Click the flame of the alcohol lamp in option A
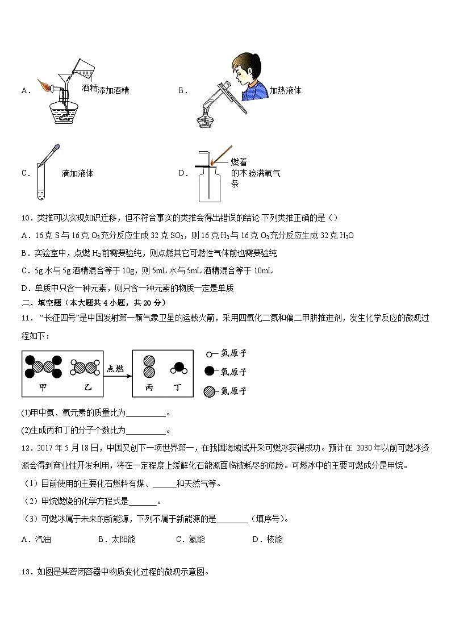(43, 85)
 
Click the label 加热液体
(285, 90)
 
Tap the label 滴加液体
(77, 174)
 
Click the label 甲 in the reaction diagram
(41, 386)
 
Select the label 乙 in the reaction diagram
(87, 386)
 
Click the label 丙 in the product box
(149, 386)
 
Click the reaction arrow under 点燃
(115, 376)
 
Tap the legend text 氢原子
(233, 353)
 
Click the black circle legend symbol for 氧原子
(210, 372)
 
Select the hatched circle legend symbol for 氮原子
(210, 391)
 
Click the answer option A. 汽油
(36, 539)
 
